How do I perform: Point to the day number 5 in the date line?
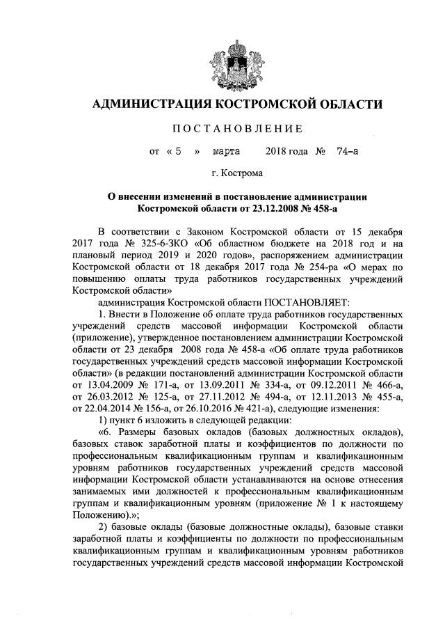pyautogui.click(x=179, y=150)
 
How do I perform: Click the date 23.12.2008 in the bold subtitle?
pyautogui.click(x=279, y=207)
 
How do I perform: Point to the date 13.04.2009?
pyautogui.click(x=111, y=375)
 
